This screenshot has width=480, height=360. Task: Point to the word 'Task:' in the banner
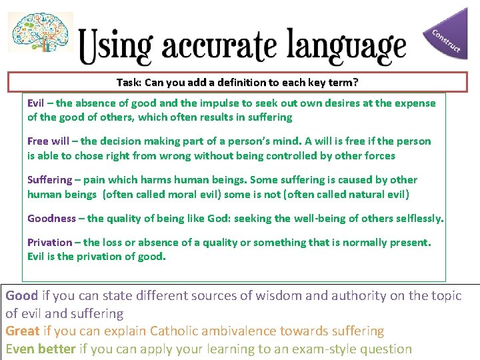click(x=129, y=83)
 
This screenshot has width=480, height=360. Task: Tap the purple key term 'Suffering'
click(x=49, y=180)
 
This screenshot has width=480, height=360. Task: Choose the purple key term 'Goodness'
click(x=51, y=219)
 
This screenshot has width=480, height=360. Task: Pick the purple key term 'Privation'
click(x=49, y=242)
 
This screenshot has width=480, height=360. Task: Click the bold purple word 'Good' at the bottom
click(x=22, y=295)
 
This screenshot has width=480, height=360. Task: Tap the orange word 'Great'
click(x=23, y=331)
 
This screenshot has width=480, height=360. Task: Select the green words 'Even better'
click(x=40, y=348)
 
